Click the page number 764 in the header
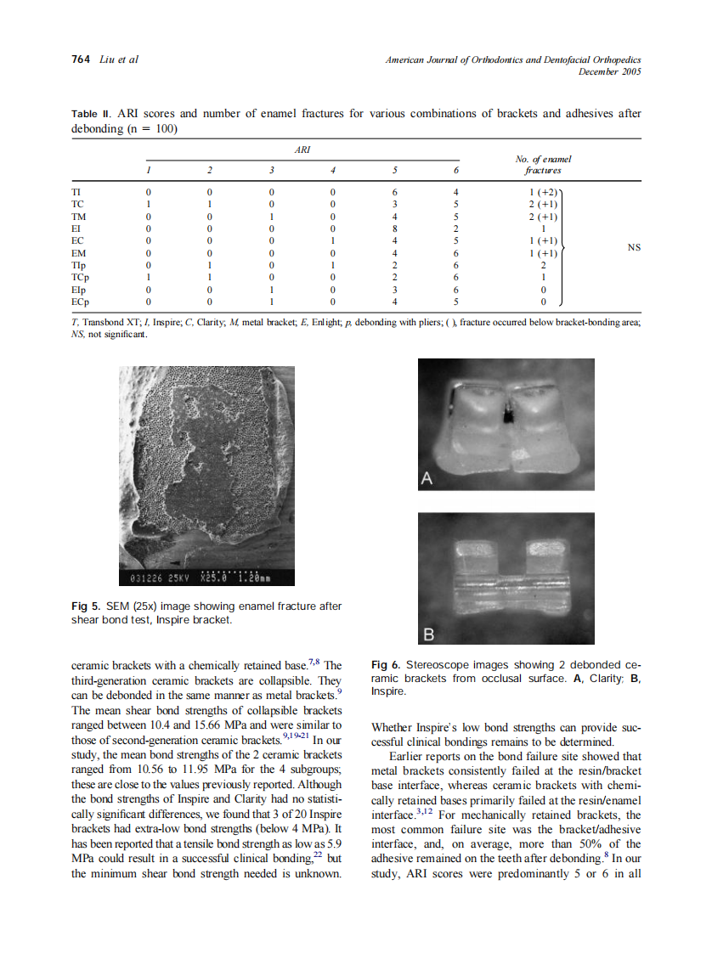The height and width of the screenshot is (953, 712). (80, 59)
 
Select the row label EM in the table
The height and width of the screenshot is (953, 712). (79, 253)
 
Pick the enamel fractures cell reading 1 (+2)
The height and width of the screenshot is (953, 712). (542, 193)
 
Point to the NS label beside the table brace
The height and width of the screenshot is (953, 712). (634, 247)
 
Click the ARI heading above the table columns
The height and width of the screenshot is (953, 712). (302, 149)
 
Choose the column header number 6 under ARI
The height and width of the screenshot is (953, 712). (457, 170)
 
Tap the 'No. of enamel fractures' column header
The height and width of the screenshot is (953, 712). (543, 164)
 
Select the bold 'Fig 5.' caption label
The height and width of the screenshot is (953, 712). (86, 606)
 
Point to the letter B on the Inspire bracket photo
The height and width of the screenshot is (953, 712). (428, 633)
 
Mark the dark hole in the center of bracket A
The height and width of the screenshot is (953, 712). (508, 415)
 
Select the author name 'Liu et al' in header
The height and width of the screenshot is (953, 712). (120, 59)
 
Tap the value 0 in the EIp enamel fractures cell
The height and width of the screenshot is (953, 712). (543, 289)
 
